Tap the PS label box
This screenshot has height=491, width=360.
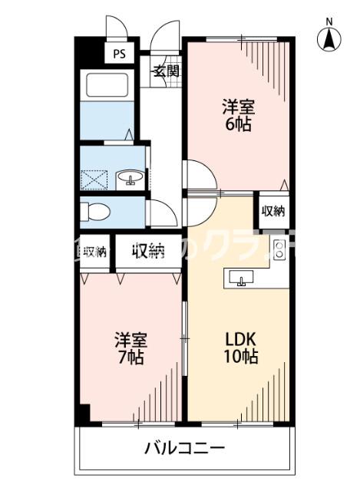(x=119, y=54)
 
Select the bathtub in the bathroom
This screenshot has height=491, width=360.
(x=107, y=85)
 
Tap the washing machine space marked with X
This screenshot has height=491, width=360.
(x=96, y=178)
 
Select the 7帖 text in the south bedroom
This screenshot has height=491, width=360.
(x=130, y=357)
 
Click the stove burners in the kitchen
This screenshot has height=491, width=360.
(x=279, y=249)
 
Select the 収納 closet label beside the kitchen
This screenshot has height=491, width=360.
(x=274, y=210)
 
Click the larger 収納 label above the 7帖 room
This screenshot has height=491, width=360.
(x=147, y=251)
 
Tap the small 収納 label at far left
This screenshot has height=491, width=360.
(x=95, y=252)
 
